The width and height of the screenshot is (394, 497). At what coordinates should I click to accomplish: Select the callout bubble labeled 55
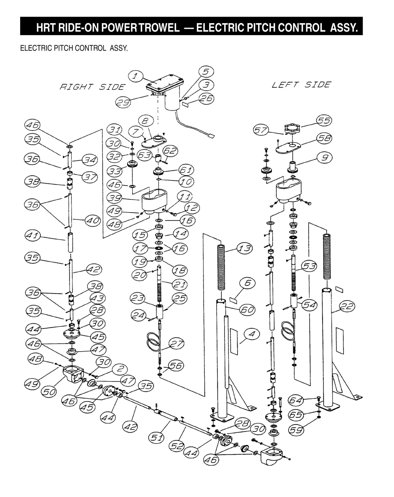coord(324,120)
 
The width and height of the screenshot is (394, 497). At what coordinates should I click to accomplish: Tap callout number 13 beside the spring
coord(244,248)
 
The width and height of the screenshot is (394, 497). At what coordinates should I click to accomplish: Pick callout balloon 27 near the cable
coord(176,344)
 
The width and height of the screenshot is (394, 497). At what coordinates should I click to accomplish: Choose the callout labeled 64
coord(296,400)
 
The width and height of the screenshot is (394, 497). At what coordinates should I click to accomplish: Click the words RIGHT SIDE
coord(92,87)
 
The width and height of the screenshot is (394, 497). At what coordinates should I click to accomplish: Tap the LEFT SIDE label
coord(301,85)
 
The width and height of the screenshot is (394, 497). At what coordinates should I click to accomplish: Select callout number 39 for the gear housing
coord(114,198)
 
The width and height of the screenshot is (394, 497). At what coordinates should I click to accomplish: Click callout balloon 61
coord(186,170)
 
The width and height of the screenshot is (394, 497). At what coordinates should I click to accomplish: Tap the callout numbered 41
coord(33,235)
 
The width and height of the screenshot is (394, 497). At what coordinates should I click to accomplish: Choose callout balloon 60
coord(247,309)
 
